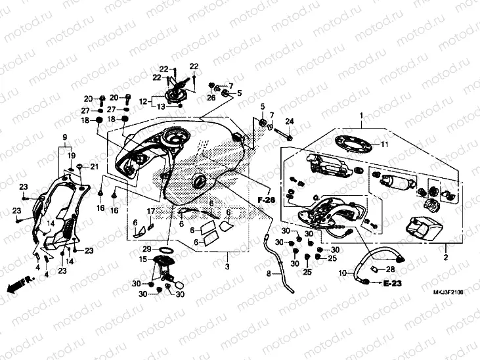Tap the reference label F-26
[x=265, y=200]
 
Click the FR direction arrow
[x=19, y=284]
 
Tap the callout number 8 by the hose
[x=268, y=273]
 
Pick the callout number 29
[x=147, y=249]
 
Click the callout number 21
[x=94, y=166]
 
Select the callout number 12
[x=142, y=101]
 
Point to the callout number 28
[x=390, y=269]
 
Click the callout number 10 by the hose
[x=343, y=273]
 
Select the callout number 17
[x=150, y=211]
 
